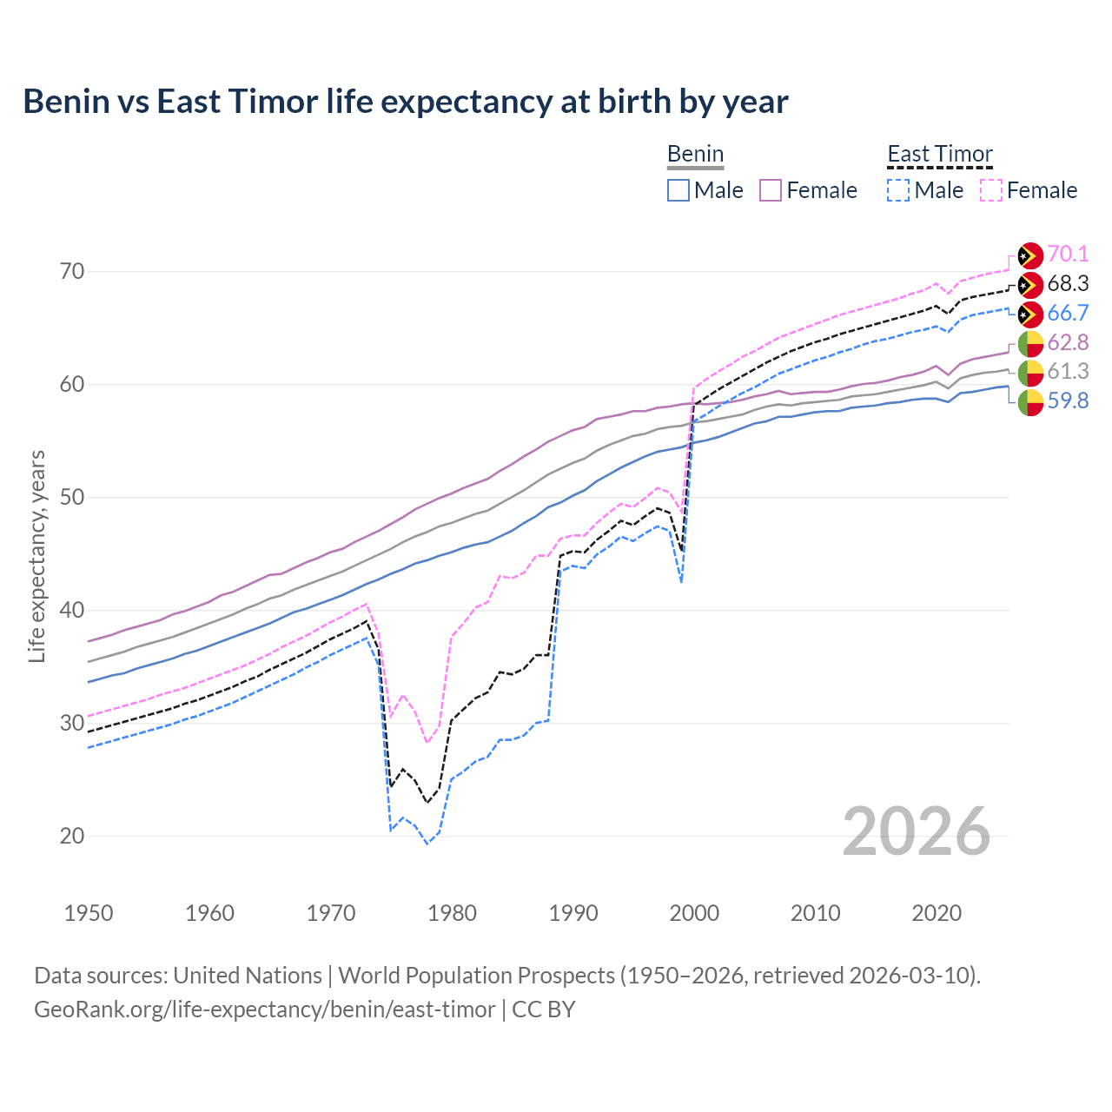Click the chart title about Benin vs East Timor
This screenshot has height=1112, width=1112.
click(405, 102)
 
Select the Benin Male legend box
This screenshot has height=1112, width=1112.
click(678, 190)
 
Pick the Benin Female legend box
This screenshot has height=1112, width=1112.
click(771, 190)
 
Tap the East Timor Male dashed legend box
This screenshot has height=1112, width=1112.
click(898, 190)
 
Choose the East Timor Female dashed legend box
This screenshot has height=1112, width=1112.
click(991, 190)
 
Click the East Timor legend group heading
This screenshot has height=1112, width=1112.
click(939, 155)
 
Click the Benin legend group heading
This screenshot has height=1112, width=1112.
click(695, 155)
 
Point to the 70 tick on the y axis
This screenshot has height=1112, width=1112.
click(72, 271)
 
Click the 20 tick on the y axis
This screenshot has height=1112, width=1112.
click(72, 836)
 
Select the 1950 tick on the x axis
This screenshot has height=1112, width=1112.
click(89, 913)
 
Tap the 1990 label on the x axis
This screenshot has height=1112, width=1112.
click(573, 913)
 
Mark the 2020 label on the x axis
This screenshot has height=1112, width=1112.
click(937, 913)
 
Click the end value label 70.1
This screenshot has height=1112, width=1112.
click(1068, 254)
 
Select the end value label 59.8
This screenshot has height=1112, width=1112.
click(1068, 400)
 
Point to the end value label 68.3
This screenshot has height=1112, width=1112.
click(1068, 283)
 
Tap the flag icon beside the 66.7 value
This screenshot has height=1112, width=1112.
click(1030, 314)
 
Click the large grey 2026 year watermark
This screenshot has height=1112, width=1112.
click(916, 831)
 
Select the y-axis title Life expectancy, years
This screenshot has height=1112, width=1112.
click(36, 556)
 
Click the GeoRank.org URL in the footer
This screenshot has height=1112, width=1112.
click(264, 1009)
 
